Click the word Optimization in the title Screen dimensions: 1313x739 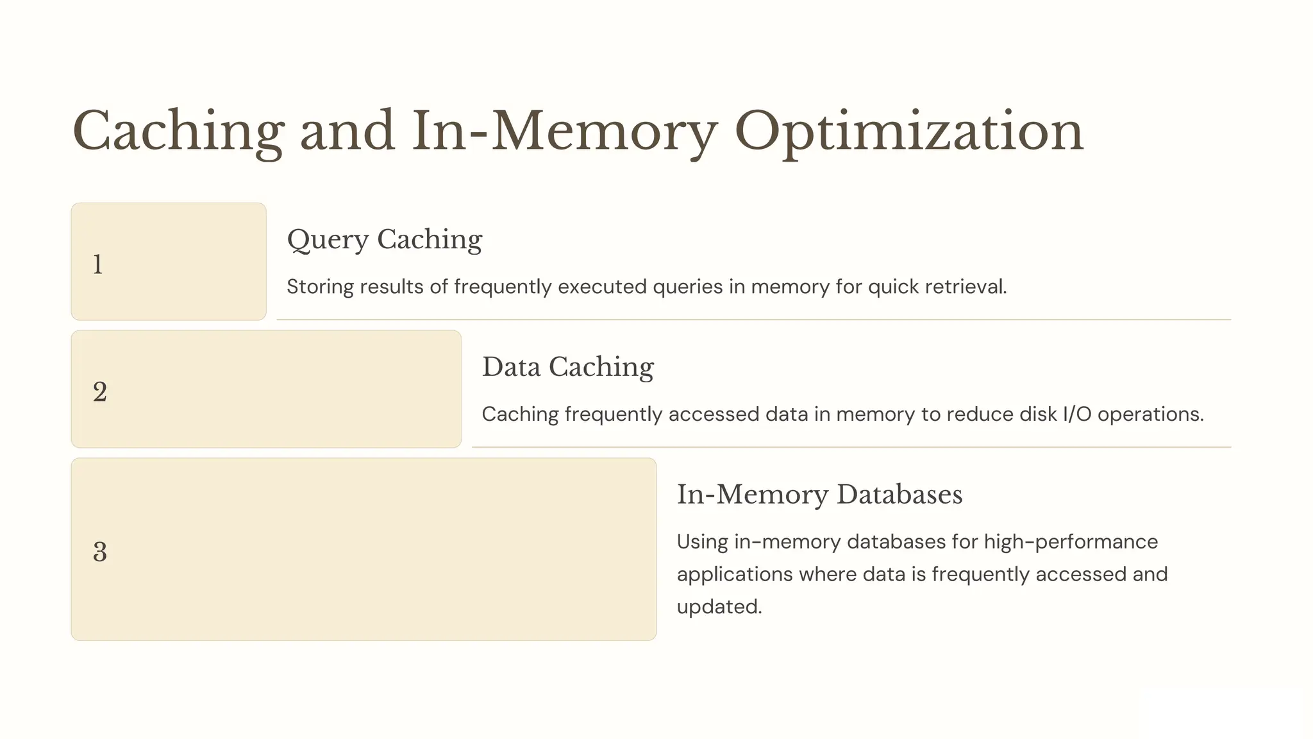[908, 132]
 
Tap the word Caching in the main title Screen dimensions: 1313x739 [178, 132]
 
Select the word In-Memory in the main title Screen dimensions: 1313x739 [564, 132]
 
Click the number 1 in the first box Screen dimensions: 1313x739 [97, 264]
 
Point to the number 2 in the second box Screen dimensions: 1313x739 [99, 392]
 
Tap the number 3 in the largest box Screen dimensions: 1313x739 [99, 552]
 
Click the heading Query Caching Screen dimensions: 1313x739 [384, 240]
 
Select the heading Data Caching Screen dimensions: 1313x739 [567, 368]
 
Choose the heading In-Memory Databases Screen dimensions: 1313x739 [819, 495]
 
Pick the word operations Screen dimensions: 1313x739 [1150, 414]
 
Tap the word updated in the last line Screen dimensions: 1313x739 [718, 607]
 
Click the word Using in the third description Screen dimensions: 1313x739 [703, 542]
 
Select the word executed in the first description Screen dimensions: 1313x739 [602, 287]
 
